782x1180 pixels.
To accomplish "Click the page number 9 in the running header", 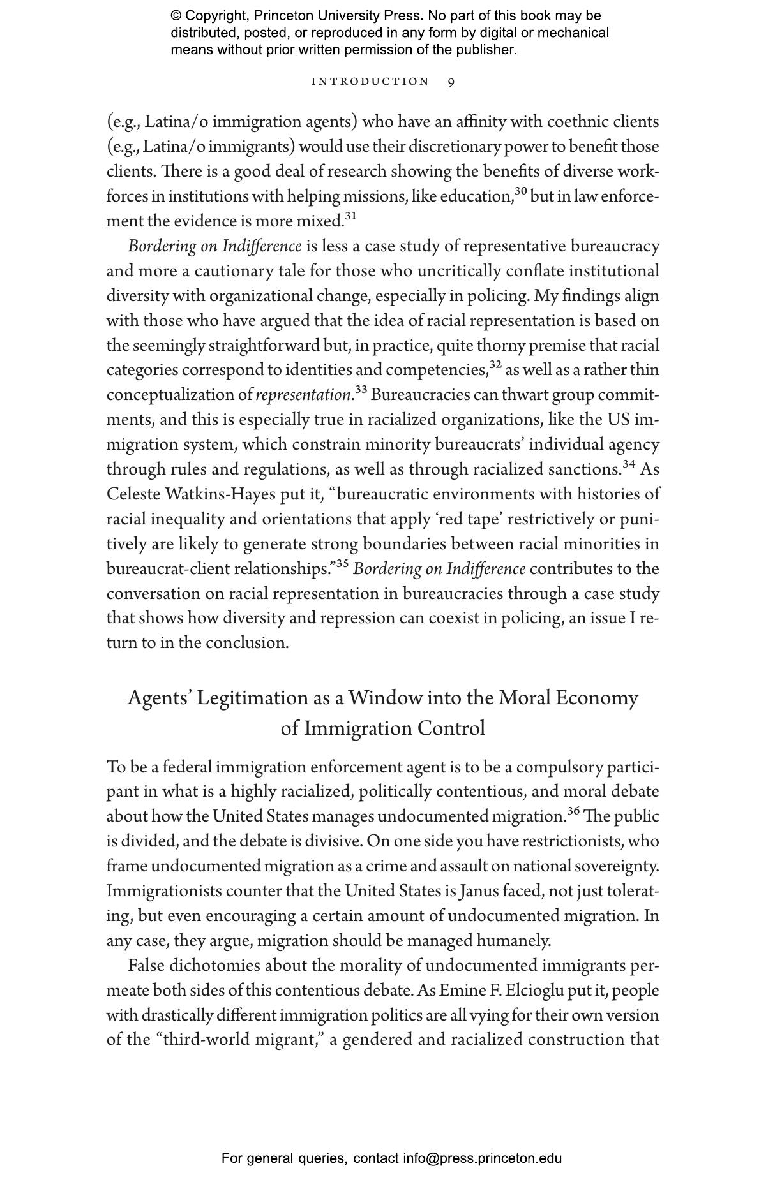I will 451,82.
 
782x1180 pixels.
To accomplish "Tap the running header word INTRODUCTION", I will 370,82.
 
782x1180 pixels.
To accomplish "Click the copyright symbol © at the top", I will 176,16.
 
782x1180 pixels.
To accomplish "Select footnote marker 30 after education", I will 521,191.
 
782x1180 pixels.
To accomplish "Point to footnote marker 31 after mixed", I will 350,216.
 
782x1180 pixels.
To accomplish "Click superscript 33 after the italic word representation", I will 361,390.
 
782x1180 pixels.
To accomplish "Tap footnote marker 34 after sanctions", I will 629,464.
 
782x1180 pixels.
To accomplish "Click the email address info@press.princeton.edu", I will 482,1158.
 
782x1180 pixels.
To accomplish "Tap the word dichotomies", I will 213,966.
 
